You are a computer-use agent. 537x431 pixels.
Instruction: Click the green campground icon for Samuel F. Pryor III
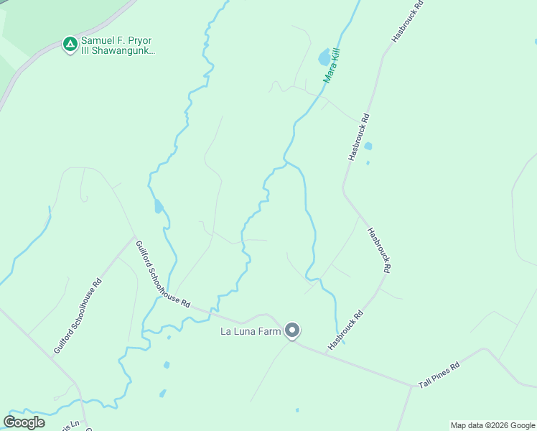70,45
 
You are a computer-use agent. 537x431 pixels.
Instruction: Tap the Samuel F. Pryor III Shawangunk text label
118,46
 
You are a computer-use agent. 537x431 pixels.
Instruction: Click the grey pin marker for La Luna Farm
292,330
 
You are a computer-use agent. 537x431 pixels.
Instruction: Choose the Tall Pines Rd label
439,375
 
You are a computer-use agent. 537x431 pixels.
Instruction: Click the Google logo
24,422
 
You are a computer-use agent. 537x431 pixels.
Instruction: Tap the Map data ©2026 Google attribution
492,425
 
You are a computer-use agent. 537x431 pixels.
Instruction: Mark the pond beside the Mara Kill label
324,57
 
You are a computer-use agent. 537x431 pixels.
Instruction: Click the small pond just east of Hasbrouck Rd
368,147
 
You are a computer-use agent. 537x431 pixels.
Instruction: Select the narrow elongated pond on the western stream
157,207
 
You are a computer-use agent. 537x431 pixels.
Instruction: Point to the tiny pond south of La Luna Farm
296,410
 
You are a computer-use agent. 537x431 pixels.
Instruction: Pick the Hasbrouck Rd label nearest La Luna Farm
346,330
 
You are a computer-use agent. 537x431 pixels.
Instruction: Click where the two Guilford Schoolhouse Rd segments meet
134,237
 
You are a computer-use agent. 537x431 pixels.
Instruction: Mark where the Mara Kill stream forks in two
287,162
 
